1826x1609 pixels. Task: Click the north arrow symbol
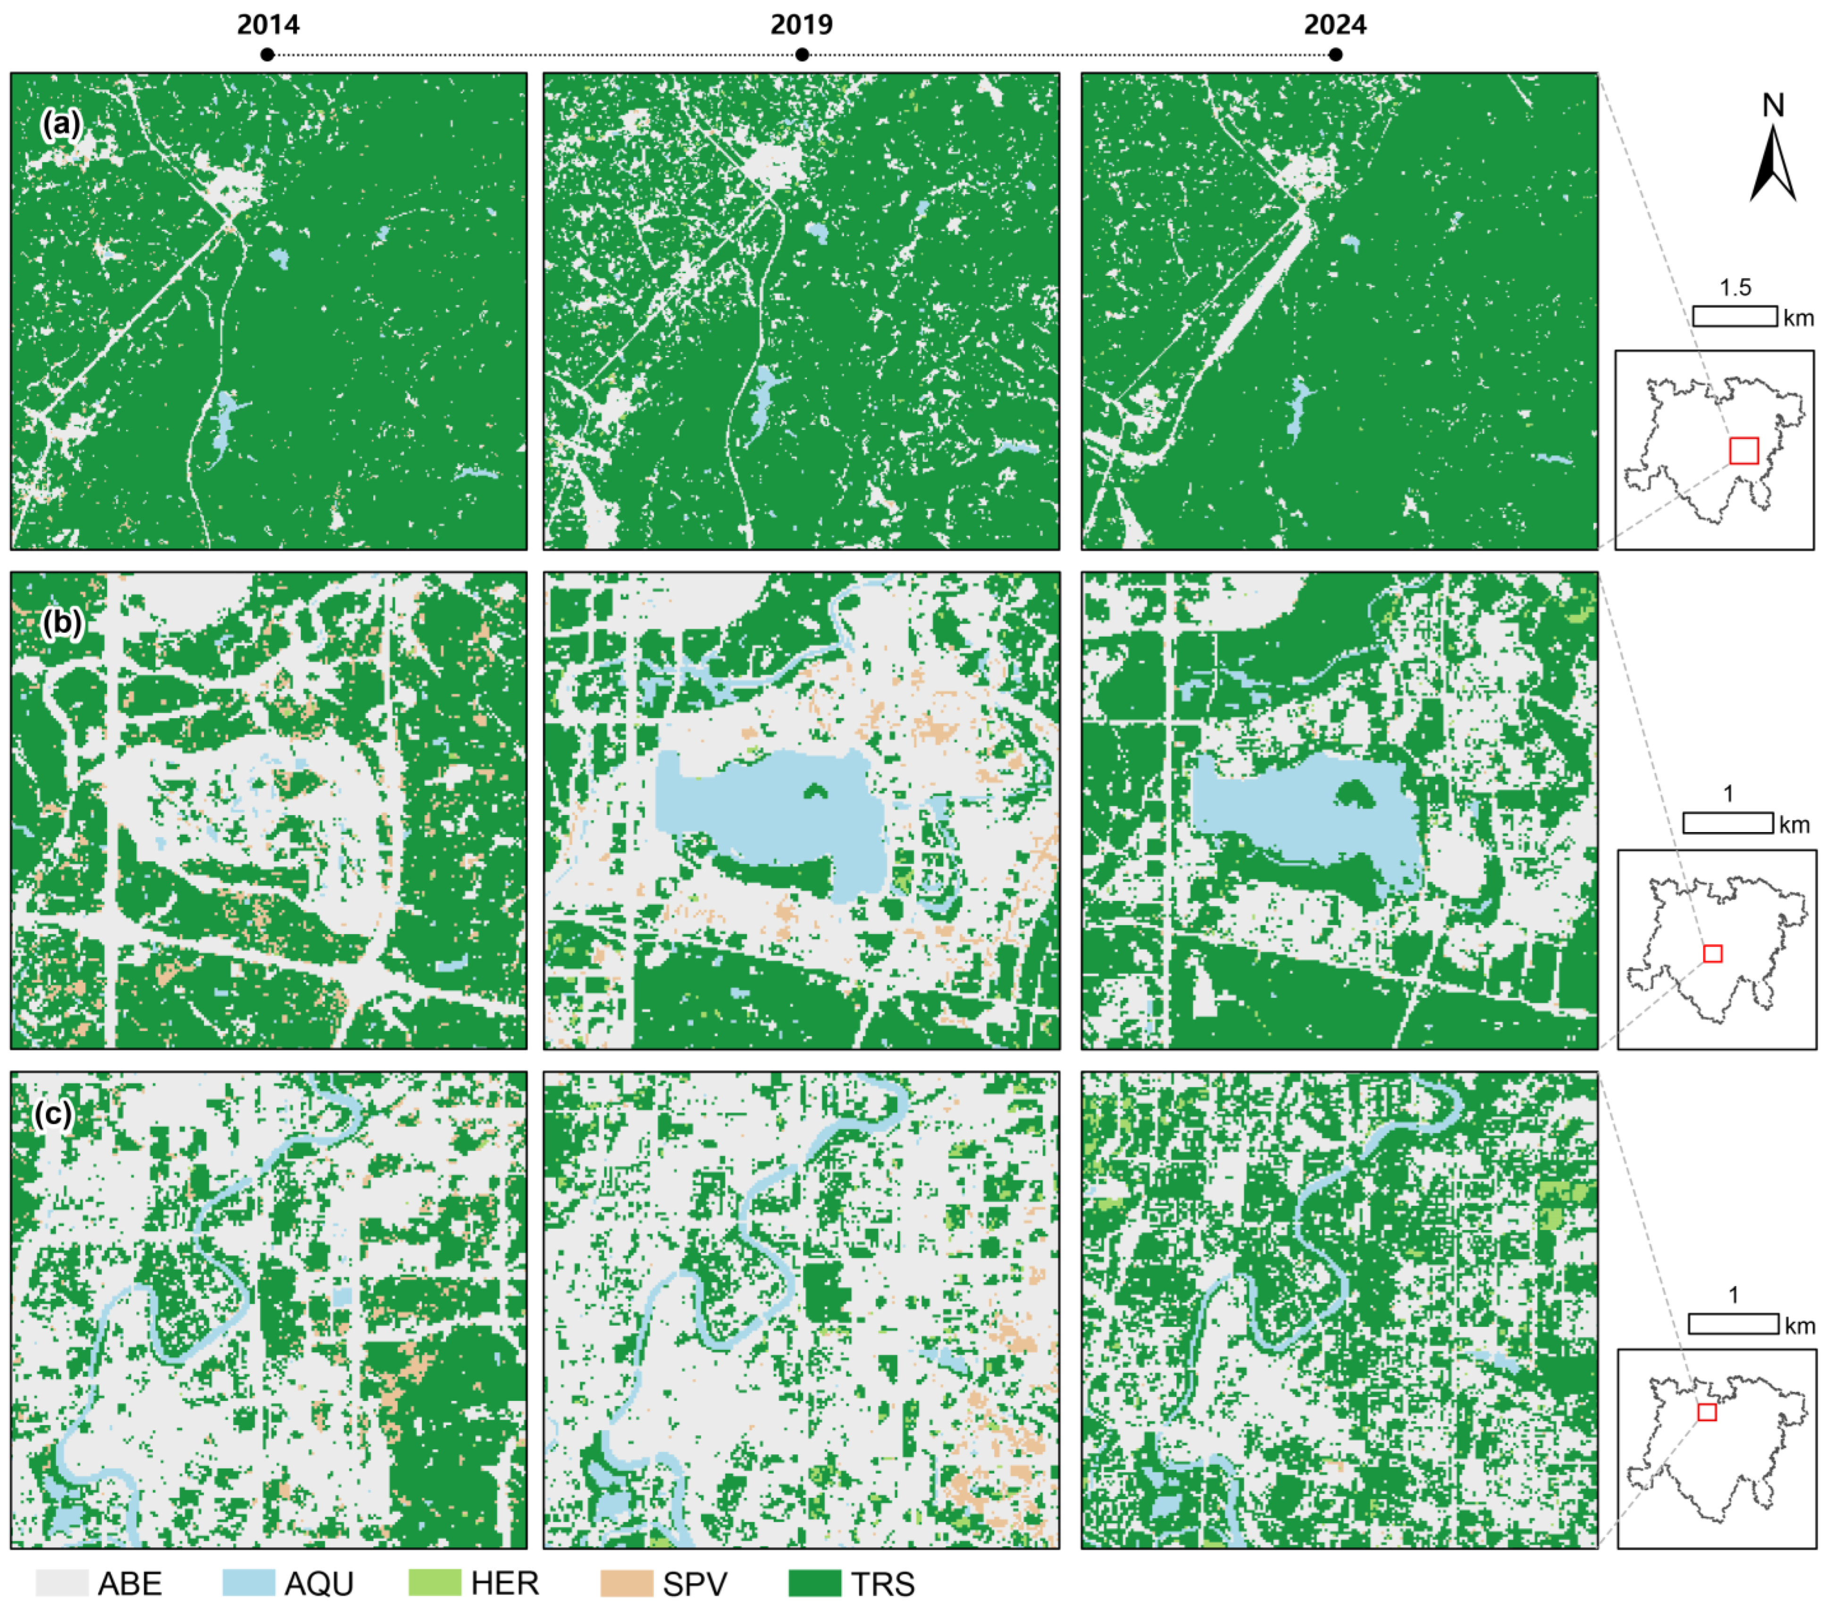click(x=1772, y=165)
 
